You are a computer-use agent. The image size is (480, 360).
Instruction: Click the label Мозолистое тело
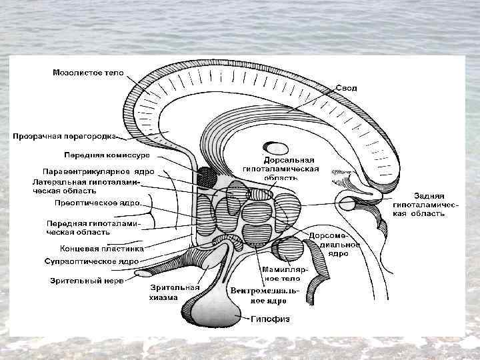88,73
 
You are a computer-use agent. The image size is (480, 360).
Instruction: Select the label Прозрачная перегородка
65,135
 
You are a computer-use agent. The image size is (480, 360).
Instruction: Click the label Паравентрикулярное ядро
98,171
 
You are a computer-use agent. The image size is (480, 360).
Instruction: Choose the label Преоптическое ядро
97,202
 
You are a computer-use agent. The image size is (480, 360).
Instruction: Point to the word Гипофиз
271,319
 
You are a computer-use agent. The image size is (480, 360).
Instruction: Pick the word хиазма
164,297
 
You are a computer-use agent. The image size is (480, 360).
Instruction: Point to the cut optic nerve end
143,273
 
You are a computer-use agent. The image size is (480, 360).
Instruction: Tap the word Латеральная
59,181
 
